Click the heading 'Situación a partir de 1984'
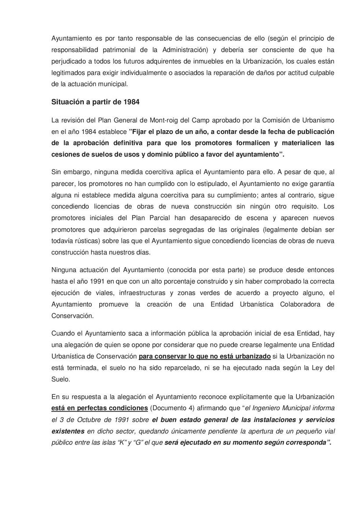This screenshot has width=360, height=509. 95,102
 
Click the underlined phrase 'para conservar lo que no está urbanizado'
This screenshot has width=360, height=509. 205,356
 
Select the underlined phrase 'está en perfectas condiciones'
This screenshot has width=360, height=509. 100,408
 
